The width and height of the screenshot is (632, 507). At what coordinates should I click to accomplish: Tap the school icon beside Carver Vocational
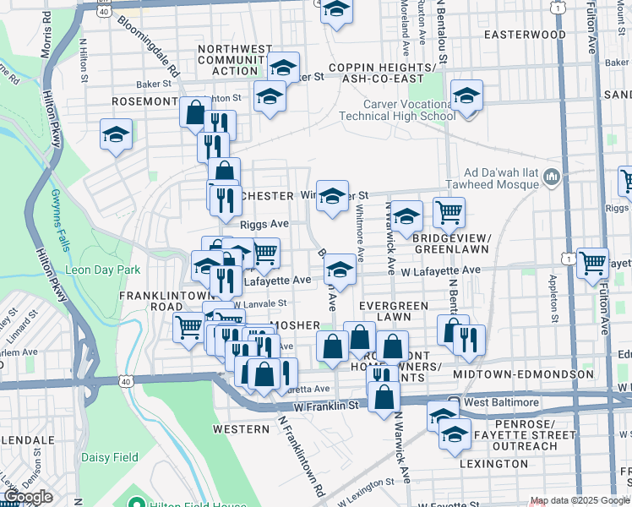coord(466,96)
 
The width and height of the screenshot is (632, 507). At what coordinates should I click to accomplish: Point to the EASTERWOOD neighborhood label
coord(524,35)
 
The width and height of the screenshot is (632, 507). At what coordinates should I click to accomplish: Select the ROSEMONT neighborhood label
coord(144,101)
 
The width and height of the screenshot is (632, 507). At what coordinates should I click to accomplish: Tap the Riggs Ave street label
coord(264,225)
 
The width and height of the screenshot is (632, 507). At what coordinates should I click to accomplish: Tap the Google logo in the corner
coord(28,497)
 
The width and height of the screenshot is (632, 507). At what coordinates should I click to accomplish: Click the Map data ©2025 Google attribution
coord(579,501)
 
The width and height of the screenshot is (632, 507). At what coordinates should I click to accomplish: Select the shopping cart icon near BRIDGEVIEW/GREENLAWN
coord(449,212)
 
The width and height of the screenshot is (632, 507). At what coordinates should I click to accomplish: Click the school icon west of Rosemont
coord(116,134)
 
